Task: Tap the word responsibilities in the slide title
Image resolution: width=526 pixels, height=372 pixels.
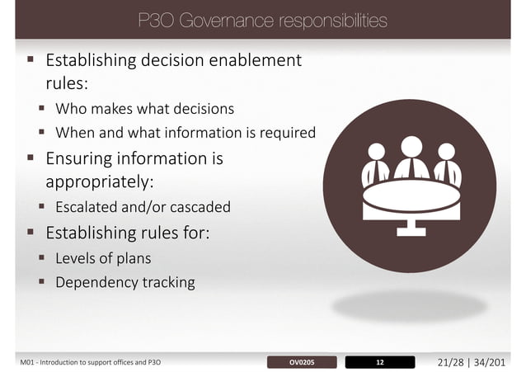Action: (x=327, y=21)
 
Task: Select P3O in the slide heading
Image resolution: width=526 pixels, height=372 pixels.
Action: (x=154, y=21)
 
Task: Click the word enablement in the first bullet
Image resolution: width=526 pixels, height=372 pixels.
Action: (x=251, y=60)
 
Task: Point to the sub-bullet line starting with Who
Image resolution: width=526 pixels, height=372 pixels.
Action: (x=144, y=108)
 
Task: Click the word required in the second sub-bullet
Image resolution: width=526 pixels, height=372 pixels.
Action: (x=288, y=132)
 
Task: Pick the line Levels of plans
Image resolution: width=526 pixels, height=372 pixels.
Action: (x=103, y=258)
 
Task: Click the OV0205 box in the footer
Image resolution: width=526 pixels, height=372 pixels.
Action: (x=303, y=361)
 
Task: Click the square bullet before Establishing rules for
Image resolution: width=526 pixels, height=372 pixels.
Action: (x=31, y=230)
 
